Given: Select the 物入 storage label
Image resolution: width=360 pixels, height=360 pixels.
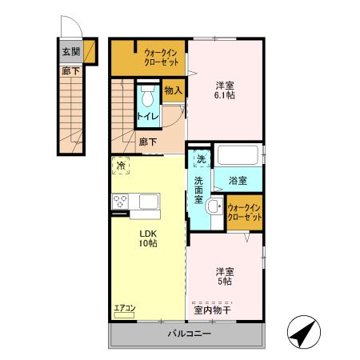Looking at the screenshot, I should (x=174, y=91).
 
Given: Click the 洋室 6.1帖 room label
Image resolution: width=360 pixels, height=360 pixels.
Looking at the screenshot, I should (x=225, y=89).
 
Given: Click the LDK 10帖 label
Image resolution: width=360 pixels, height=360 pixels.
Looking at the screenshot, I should (x=146, y=238).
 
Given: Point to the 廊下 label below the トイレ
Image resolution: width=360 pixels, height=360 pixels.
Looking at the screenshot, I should (x=148, y=142).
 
